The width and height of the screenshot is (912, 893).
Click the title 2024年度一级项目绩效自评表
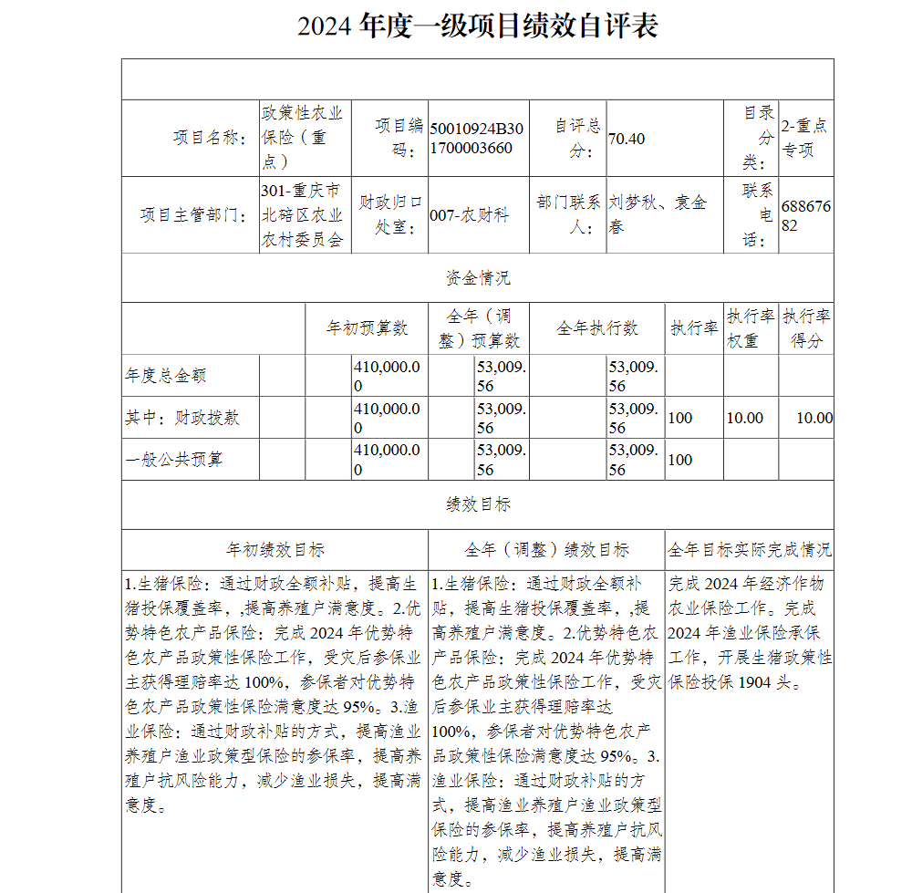click(x=477, y=26)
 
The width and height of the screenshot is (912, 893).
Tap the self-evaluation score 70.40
click(x=627, y=139)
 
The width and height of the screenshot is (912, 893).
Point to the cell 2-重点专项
click(x=803, y=138)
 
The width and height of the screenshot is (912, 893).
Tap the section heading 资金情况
click(x=477, y=278)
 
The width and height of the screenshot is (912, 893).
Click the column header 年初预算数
click(x=367, y=328)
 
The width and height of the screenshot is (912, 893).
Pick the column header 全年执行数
click(x=597, y=328)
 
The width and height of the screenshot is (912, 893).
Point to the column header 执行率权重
click(x=751, y=328)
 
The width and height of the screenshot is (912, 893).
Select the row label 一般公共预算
click(x=173, y=459)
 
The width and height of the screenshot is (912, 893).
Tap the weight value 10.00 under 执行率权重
click(x=744, y=418)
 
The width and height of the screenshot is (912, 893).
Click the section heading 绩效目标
click(x=477, y=504)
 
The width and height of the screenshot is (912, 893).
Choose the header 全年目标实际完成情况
click(x=749, y=550)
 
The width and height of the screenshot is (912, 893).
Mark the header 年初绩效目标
click(x=275, y=550)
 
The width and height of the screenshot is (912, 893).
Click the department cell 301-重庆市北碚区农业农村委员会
click(x=302, y=215)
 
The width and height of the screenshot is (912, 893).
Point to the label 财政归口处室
click(x=390, y=214)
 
